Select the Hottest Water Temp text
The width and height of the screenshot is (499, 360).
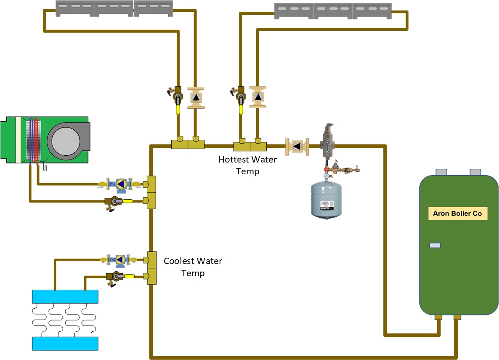[247, 165]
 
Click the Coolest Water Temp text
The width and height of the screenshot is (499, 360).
[193, 267]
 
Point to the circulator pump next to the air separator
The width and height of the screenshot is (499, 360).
[297, 147]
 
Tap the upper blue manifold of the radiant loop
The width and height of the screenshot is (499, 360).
[65, 296]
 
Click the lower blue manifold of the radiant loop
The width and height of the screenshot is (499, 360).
[65, 344]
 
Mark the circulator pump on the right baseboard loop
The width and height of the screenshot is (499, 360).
[257, 97]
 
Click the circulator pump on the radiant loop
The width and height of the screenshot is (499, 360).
[120, 259]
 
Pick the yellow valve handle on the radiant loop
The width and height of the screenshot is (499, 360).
[129, 277]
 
